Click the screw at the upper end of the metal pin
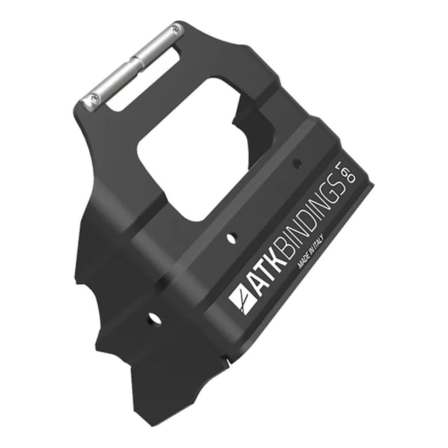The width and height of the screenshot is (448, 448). [x=176, y=30]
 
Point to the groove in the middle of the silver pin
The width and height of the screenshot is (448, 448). [x=134, y=63]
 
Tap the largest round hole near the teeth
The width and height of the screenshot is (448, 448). [x=152, y=318]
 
